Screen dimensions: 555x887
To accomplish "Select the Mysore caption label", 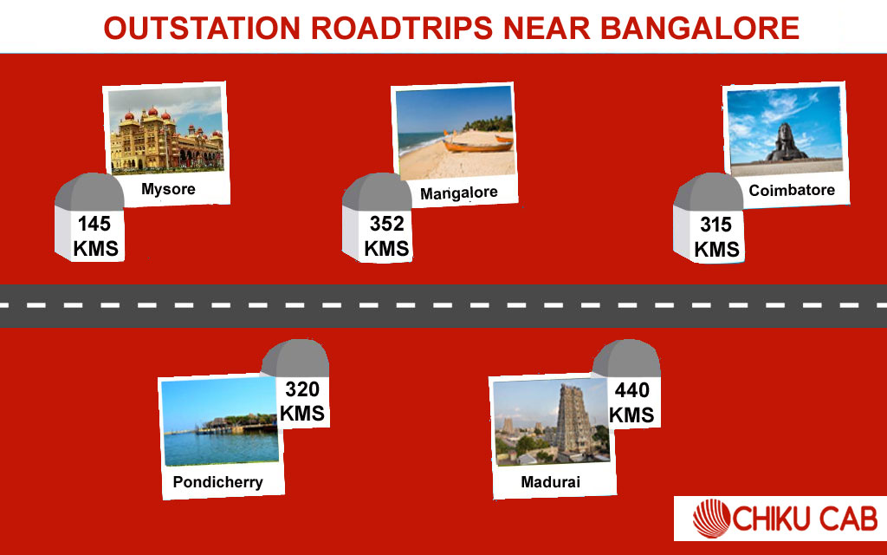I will pos(168,188).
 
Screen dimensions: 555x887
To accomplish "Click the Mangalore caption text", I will pos(458,193).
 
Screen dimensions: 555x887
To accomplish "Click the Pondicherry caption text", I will pos(217,482).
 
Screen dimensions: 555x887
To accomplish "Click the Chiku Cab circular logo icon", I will pos(713,520).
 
